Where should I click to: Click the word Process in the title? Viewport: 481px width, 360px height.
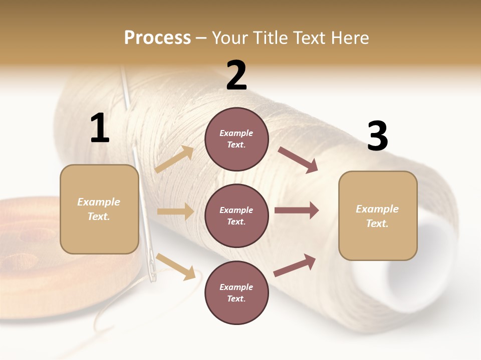point(157,38)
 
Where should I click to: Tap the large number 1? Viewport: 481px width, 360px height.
point(100,128)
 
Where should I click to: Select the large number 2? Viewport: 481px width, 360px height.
point(236,75)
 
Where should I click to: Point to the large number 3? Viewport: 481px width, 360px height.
point(377,136)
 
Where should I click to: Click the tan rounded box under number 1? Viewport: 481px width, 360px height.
point(99,209)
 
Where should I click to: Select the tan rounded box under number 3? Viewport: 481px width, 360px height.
point(378,215)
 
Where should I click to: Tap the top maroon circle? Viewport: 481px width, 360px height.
point(236,139)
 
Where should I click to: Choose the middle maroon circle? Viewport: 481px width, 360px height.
point(236,215)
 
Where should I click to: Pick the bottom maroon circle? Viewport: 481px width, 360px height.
point(236,292)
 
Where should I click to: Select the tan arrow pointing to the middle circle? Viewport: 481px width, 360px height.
point(175,211)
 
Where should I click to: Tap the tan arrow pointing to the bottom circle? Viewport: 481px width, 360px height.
point(175,266)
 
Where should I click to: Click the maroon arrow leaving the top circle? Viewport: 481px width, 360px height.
point(298,160)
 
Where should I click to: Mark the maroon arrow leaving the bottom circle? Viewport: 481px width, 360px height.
point(295,265)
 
